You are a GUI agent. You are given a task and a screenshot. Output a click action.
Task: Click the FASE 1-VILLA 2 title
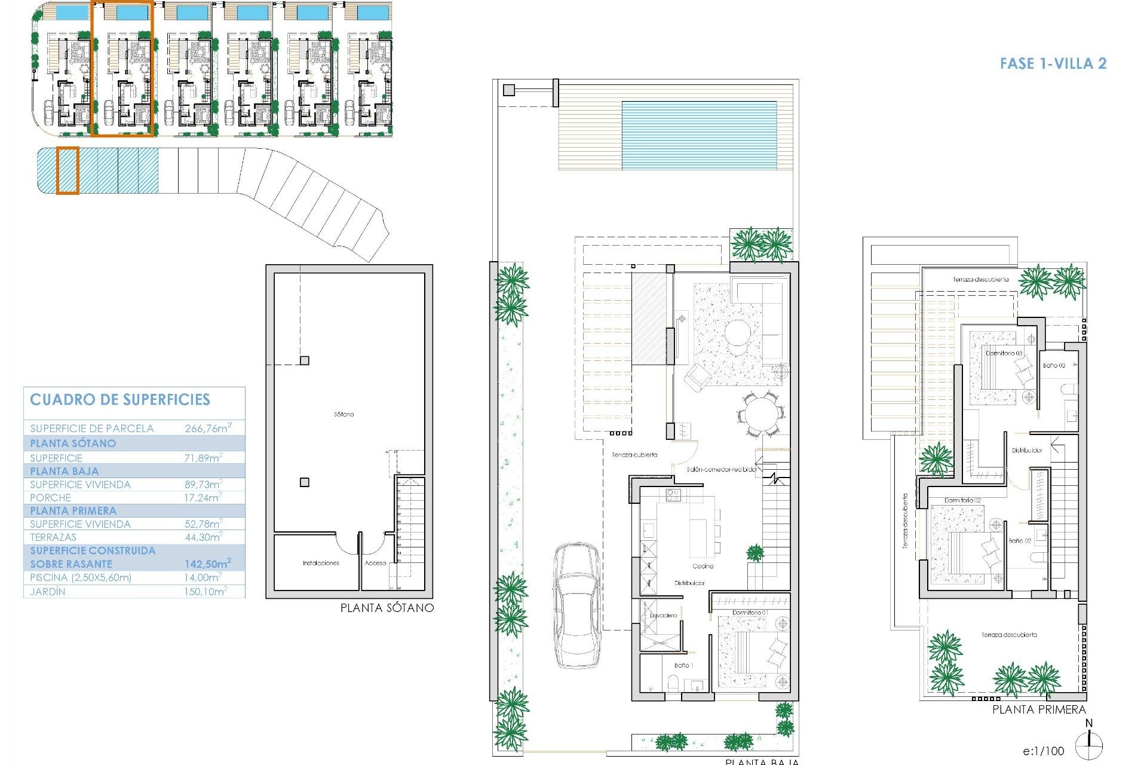tap(1053, 63)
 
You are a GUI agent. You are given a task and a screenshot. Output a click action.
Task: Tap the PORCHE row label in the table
tap(51, 497)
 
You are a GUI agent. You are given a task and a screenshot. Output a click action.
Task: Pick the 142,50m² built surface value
tap(207, 564)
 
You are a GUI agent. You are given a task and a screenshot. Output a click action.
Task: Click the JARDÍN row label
tap(48, 591)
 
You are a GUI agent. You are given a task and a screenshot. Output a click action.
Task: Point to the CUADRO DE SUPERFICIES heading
tap(120, 400)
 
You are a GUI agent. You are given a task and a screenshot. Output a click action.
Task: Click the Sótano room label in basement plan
tap(344, 414)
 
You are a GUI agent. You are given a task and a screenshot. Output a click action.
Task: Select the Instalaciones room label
tap(321, 563)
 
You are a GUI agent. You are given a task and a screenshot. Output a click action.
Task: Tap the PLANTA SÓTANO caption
tap(387, 608)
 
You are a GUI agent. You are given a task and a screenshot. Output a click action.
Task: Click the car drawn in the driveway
tap(577, 605)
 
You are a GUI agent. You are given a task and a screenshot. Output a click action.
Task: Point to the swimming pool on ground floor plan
tap(699, 135)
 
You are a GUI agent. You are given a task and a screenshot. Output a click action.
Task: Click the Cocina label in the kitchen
tap(703, 566)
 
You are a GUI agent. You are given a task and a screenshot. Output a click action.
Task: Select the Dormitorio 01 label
tap(750, 613)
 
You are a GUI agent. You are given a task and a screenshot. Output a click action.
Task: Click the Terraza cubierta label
tap(634, 455)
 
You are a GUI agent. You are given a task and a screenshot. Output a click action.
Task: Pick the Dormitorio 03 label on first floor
tap(1004, 353)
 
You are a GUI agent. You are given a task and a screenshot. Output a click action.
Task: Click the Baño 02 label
tap(1020, 540)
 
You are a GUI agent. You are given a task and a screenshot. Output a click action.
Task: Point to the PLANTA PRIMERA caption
tap(1039, 709)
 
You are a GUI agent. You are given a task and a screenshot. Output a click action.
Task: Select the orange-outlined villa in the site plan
tap(123, 69)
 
